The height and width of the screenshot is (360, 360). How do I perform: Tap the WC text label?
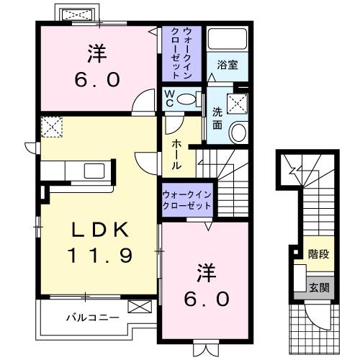pos(169,97)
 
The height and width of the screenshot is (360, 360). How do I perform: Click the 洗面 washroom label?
pos(217,118)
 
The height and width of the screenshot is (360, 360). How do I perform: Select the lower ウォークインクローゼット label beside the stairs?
pos(186,199)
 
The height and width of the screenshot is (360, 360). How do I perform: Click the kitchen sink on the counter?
pos(94,171)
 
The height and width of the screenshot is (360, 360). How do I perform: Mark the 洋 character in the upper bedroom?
pos(97,52)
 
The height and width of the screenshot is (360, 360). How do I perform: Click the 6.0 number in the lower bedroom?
pos(207,297)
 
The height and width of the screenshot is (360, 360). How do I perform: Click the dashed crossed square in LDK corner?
pos(50,127)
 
